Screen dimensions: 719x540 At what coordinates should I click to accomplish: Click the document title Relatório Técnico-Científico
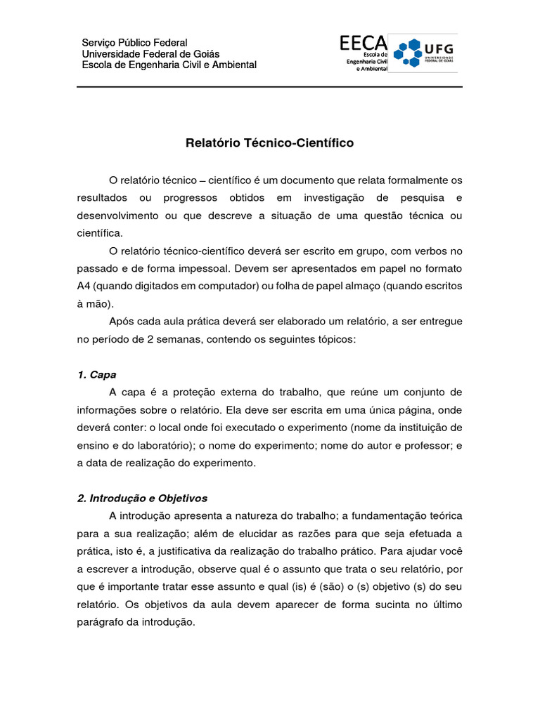pyautogui.click(x=269, y=143)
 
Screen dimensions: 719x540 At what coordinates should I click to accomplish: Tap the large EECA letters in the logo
pyautogui.click(x=363, y=44)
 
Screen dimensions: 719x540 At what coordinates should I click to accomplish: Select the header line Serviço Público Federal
pyautogui.click(x=135, y=43)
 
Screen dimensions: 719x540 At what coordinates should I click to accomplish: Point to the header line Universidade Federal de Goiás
pyautogui.click(x=151, y=54)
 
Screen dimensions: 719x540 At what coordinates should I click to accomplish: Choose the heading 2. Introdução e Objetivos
pyautogui.click(x=142, y=498)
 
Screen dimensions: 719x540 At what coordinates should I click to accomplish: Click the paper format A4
pyautogui.click(x=84, y=286)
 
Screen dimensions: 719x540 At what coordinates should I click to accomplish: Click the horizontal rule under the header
pyautogui.click(x=269, y=87)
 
